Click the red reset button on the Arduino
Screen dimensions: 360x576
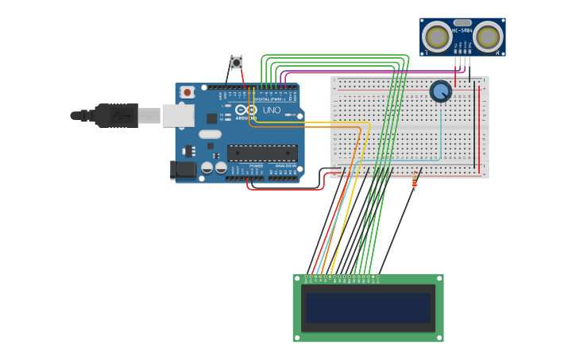(x=187, y=92)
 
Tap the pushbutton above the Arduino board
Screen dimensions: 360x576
(x=236, y=62)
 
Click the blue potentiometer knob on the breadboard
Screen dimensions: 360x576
(x=440, y=91)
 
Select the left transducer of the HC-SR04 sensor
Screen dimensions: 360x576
(x=436, y=37)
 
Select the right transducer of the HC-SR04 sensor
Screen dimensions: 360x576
(x=488, y=37)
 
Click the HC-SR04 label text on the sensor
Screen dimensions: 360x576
(x=462, y=31)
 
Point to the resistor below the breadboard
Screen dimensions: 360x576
(x=414, y=183)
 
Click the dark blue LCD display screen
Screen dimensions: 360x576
(x=368, y=308)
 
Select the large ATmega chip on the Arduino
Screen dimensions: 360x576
(x=262, y=153)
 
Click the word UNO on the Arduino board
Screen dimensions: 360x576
(x=272, y=110)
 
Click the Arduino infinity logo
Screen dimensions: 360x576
(x=246, y=110)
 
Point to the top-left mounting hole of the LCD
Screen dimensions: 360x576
(x=297, y=279)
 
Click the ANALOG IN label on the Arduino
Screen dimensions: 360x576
(x=284, y=166)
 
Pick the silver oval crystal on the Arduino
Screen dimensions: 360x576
(x=210, y=134)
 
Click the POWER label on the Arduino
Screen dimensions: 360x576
(x=256, y=166)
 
